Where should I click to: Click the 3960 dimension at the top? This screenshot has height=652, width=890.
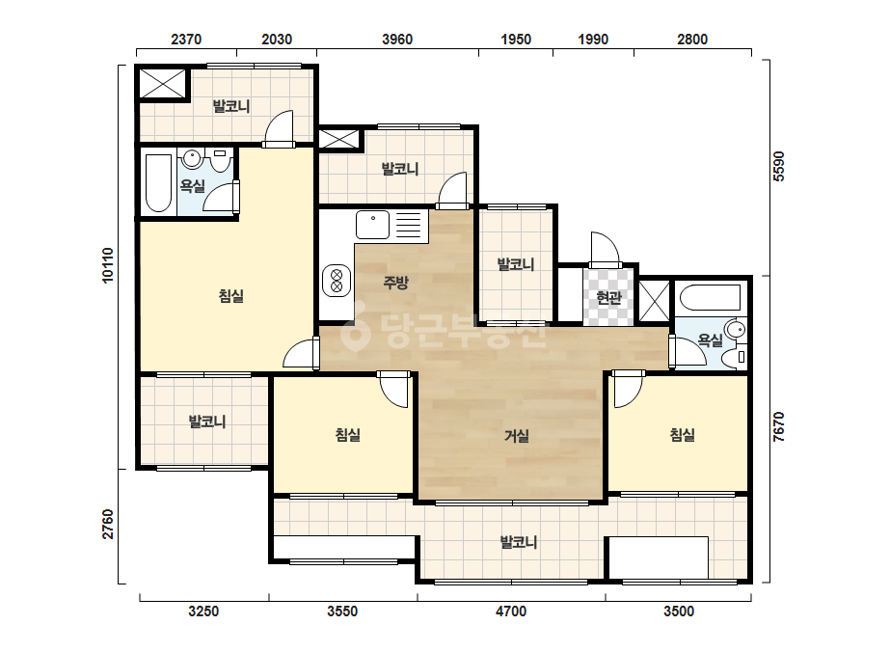pos(397,40)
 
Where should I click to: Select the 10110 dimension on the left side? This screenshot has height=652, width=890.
pos(107,264)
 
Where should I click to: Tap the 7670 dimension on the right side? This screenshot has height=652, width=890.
pos(778,427)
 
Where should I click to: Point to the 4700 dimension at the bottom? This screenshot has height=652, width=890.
pos(511,611)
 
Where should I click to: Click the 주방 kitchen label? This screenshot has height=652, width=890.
pos(395,283)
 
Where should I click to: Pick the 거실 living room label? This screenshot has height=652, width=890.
pos(517,436)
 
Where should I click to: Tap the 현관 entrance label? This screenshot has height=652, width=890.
pos(609,297)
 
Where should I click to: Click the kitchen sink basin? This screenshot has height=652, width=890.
pos(372,225)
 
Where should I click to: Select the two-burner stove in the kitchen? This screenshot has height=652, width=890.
pos(336,281)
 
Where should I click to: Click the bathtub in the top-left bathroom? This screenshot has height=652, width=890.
pos(159,183)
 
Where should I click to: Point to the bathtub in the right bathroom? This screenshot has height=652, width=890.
pos(710,298)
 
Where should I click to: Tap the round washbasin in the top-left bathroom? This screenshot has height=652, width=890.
pos(193,159)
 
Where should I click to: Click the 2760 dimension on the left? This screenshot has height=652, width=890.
pos(107,525)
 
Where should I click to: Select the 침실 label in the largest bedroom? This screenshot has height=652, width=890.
pos(231,296)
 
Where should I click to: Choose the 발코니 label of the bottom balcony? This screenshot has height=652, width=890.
pos(518,542)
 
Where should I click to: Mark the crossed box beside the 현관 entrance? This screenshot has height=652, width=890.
pos(655,301)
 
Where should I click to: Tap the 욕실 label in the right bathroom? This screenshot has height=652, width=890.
pos(710,340)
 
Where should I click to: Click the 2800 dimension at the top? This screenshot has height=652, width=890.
pos(692,40)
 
